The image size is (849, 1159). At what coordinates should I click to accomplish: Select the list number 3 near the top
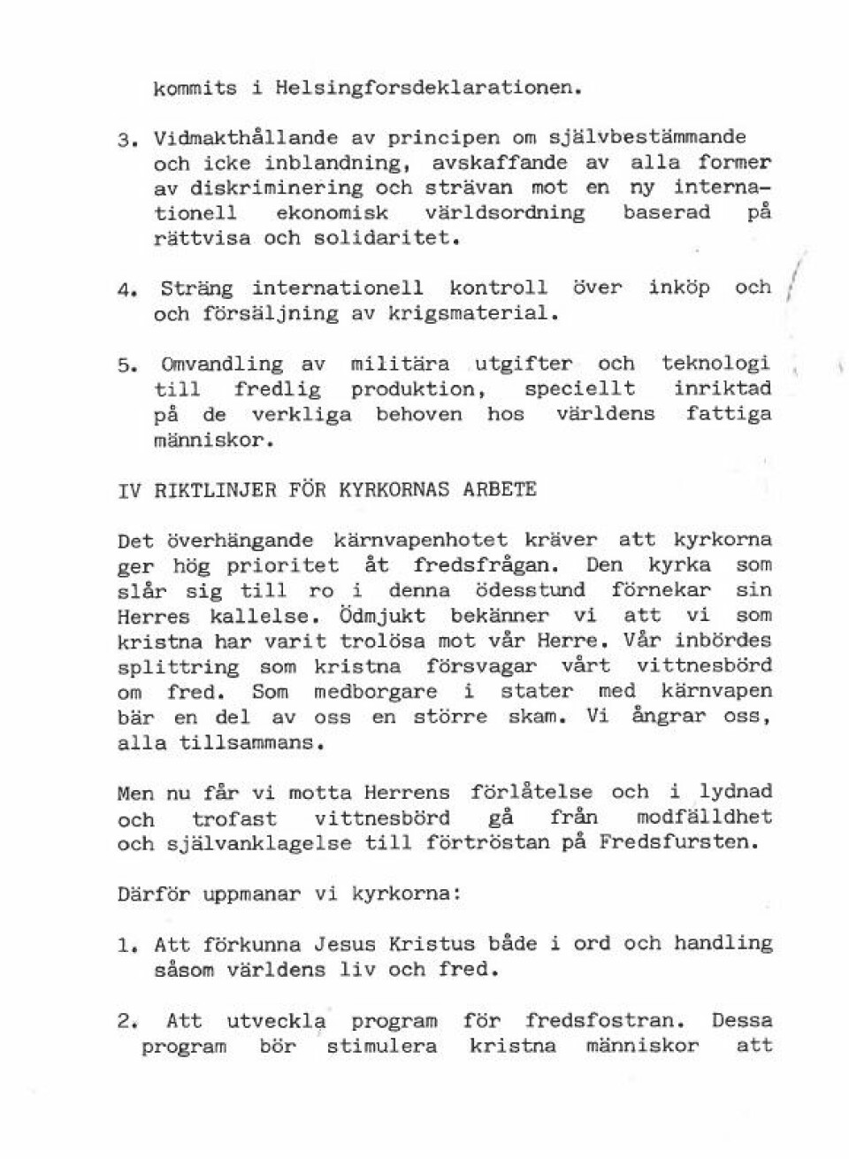pos(125,140)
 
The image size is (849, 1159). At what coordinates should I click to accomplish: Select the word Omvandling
pos(222,365)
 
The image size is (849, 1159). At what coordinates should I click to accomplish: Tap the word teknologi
pos(715,364)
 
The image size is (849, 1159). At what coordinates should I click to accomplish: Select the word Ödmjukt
pos(381,615)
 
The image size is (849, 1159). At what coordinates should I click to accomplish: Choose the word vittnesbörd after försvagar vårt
pos(704,665)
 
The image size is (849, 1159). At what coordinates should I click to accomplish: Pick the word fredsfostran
pos(606,1021)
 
